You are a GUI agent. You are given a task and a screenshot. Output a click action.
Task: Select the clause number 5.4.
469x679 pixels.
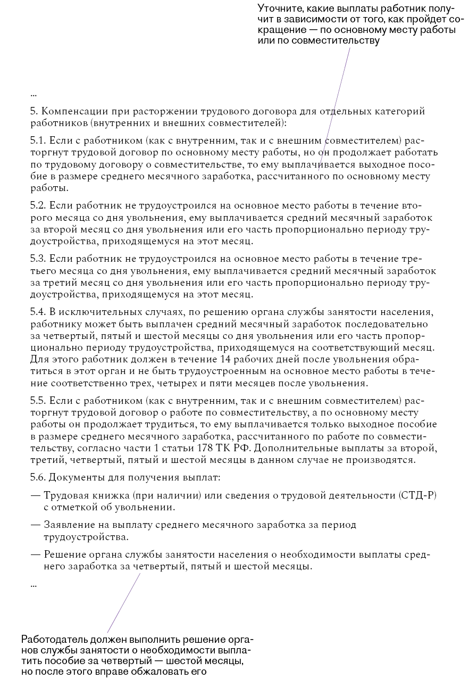tap(38, 311)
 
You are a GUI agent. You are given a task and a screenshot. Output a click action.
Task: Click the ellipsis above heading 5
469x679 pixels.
tap(33, 94)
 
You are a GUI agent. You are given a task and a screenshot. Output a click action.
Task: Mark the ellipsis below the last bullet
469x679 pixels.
tap(33, 585)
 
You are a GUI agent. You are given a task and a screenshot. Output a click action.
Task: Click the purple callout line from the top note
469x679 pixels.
tap(336, 106)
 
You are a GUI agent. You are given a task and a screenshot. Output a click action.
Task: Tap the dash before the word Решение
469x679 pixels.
tap(35, 554)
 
